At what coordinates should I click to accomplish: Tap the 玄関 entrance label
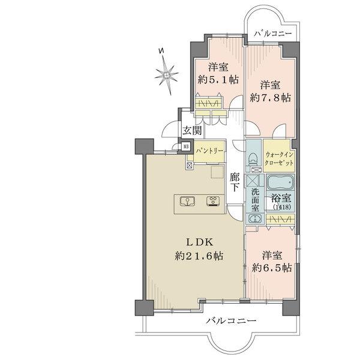click(x=192, y=130)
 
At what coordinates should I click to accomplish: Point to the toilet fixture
click(x=253, y=158)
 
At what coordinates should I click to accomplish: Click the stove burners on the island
click(x=213, y=201)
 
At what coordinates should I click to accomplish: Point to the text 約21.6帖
click(x=199, y=256)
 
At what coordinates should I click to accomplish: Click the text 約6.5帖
click(x=272, y=268)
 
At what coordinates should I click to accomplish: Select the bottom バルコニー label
click(x=231, y=321)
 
